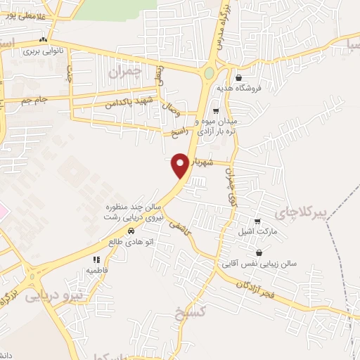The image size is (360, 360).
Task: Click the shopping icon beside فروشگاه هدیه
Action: click(239, 77)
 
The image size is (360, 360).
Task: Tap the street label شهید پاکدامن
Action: click(129, 103)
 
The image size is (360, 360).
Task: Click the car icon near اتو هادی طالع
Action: click(131, 231)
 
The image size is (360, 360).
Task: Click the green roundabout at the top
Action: click(209, 72)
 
